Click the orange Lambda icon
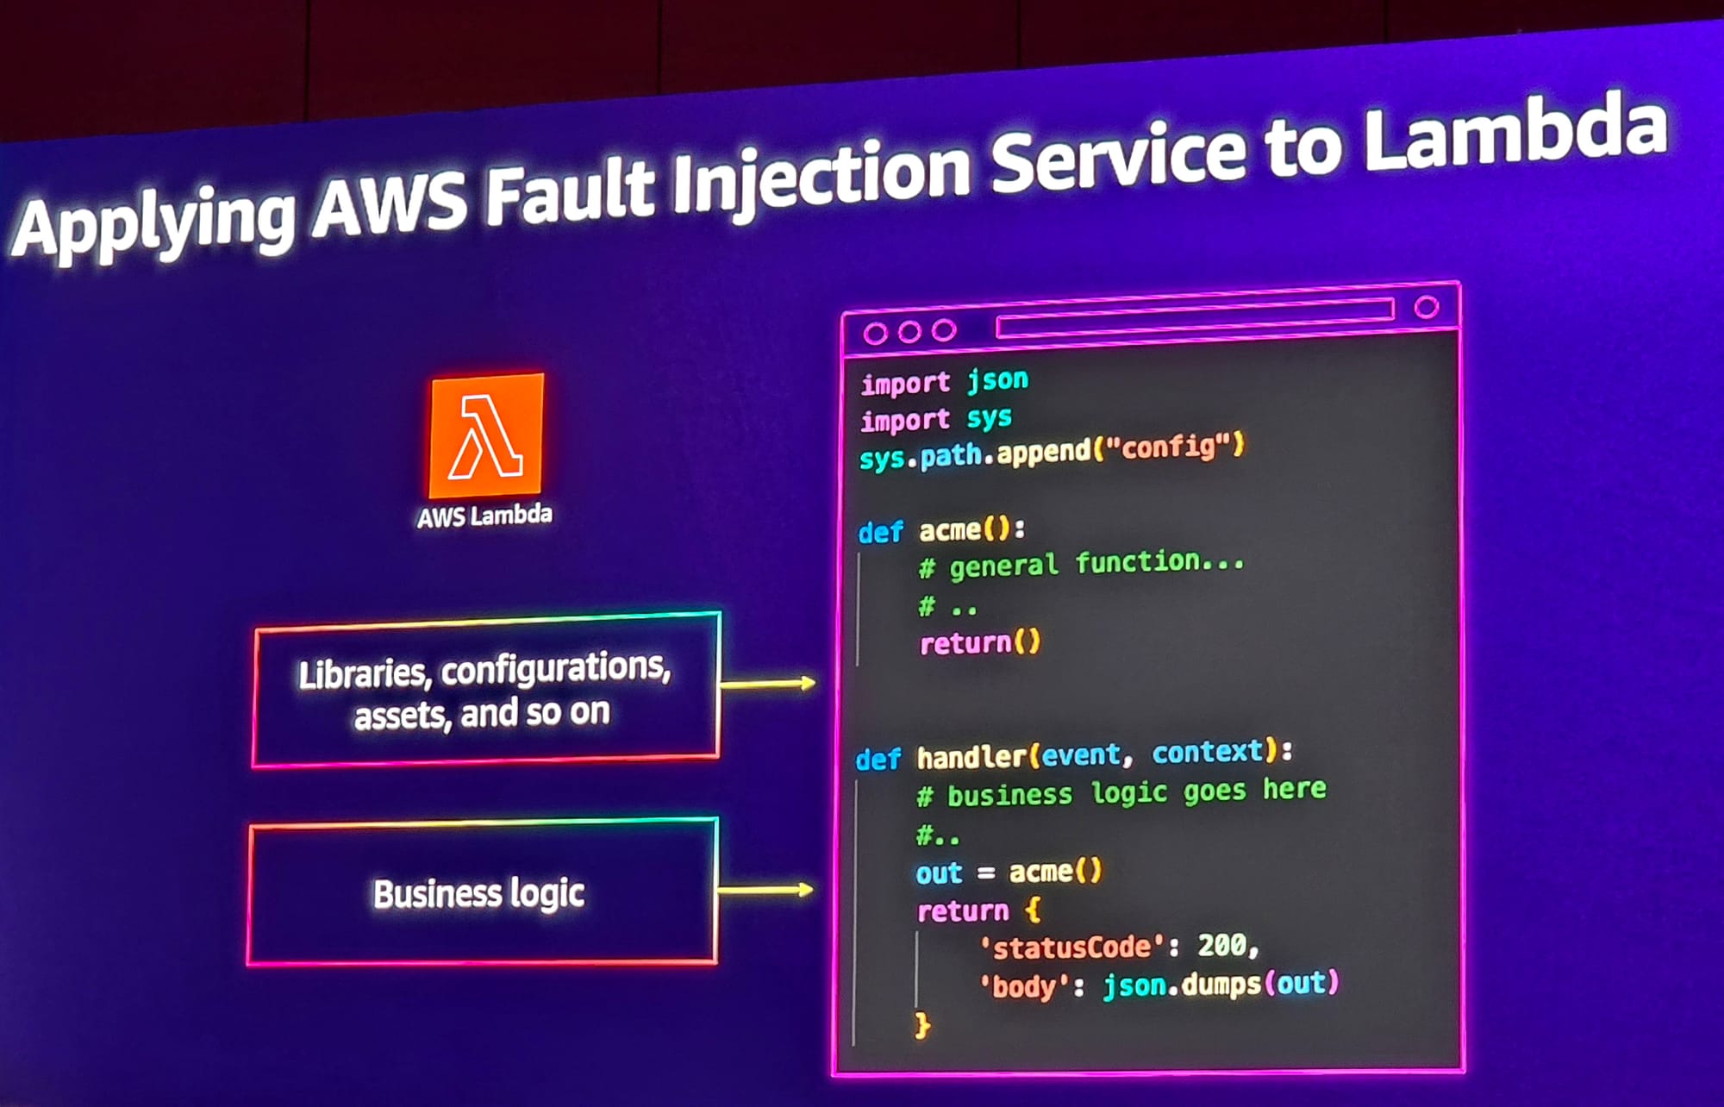(x=487, y=435)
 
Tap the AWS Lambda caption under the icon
(x=484, y=516)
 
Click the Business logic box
(x=481, y=893)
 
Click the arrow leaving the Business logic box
(x=765, y=890)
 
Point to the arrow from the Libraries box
(x=767, y=684)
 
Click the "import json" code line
(x=944, y=381)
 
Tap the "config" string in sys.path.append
(x=1168, y=447)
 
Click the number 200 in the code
(x=1221, y=946)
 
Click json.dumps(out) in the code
(x=1221, y=984)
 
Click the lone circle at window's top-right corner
(x=1427, y=307)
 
